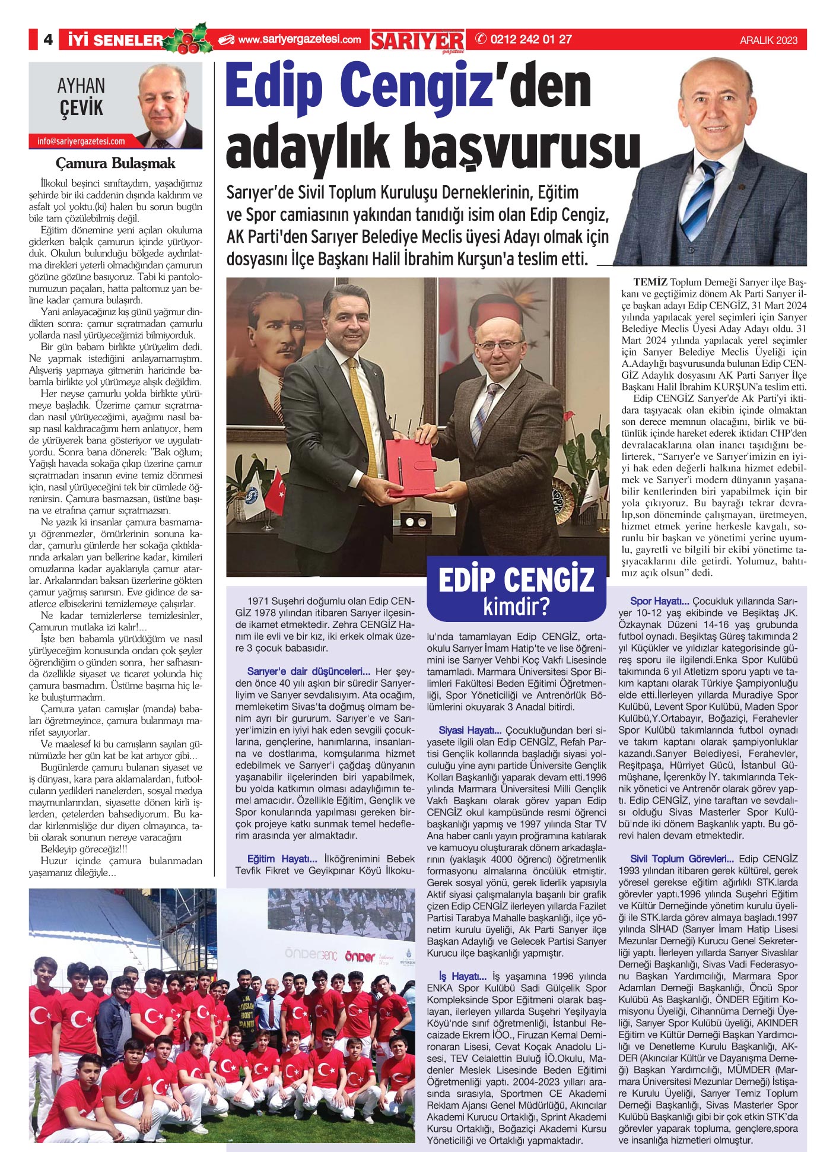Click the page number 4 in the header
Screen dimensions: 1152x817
click(x=47, y=40)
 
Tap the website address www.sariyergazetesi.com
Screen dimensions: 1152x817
click(x=299, y=40)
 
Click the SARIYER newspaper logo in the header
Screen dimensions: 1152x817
click(x=418, y=41)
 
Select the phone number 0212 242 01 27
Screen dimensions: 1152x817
click(x=531, y=40)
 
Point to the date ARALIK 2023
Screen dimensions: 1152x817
click(x=768, y=40)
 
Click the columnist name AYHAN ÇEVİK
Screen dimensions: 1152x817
click(x=81, y=97)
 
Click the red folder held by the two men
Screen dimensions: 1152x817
click(x=409, y=466)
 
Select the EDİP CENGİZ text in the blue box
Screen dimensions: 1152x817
click(x=516, y=580)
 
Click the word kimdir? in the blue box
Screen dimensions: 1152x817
click(x=516, y=607)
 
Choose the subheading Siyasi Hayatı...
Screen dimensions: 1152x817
click(x=470, y=731)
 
